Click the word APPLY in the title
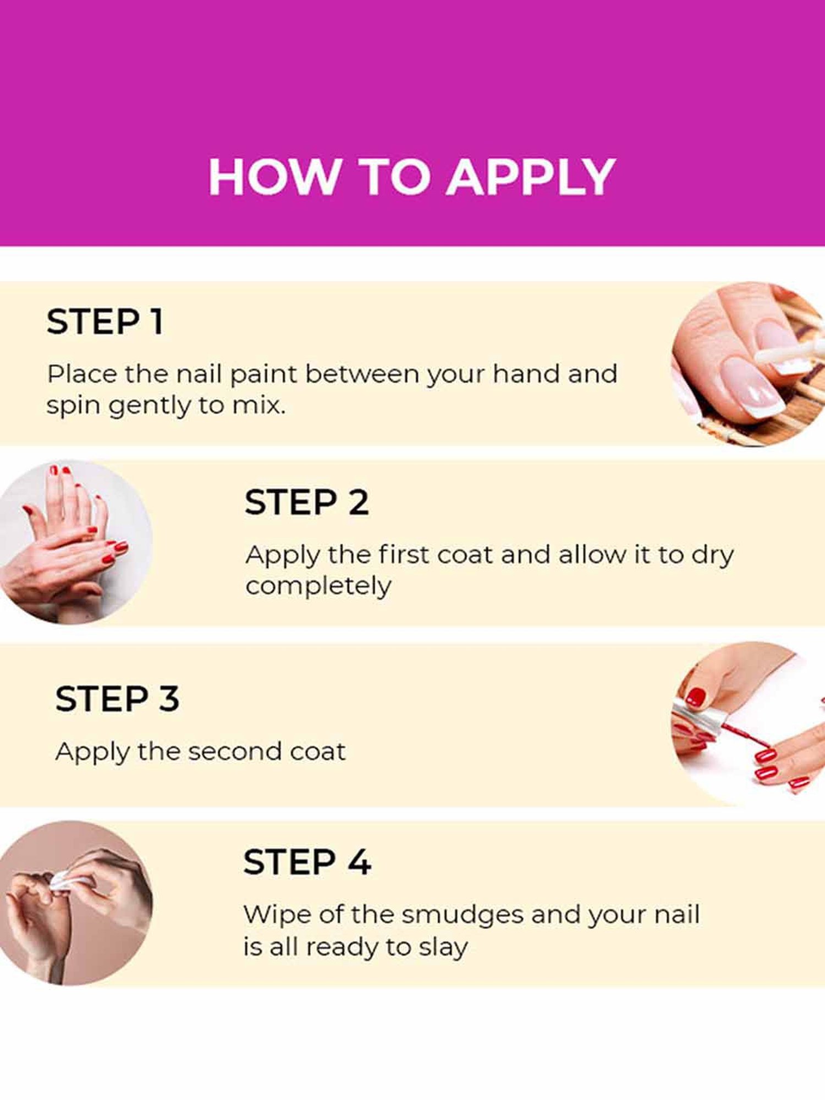click(531, 177)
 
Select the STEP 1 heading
click(105, 321)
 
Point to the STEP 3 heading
click(117, 698)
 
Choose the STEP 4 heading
click(307, 862)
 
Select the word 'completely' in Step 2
click(318, 586)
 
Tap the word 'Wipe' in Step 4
click(277, 915)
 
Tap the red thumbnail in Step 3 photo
click(696, 697)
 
